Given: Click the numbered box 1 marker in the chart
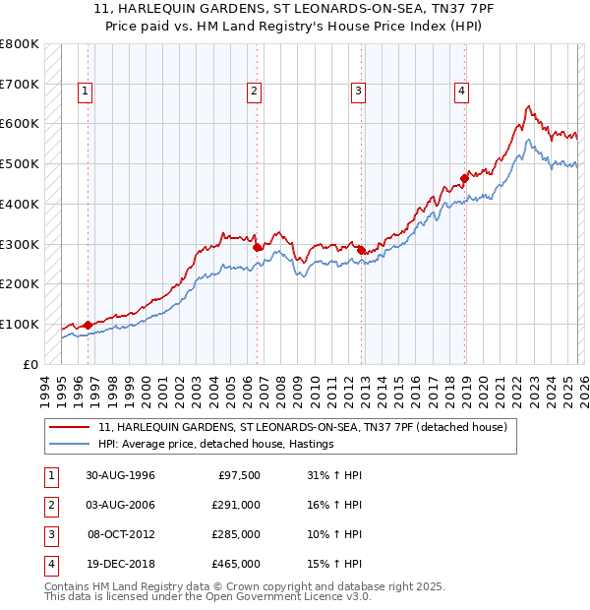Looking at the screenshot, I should coord(86,91).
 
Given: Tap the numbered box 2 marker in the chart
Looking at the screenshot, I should coord(254,91).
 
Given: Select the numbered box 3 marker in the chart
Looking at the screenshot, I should coord(358,91).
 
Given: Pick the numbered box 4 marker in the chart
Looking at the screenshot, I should coord(461,91).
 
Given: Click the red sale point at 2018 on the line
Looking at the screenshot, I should coord(465,178).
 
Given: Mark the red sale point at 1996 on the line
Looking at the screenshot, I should coord(88,325).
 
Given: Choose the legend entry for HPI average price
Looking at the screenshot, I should coord(216,445).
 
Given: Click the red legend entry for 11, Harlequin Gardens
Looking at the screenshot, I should coord(303,427).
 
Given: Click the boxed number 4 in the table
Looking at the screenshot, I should coord(47,564).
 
